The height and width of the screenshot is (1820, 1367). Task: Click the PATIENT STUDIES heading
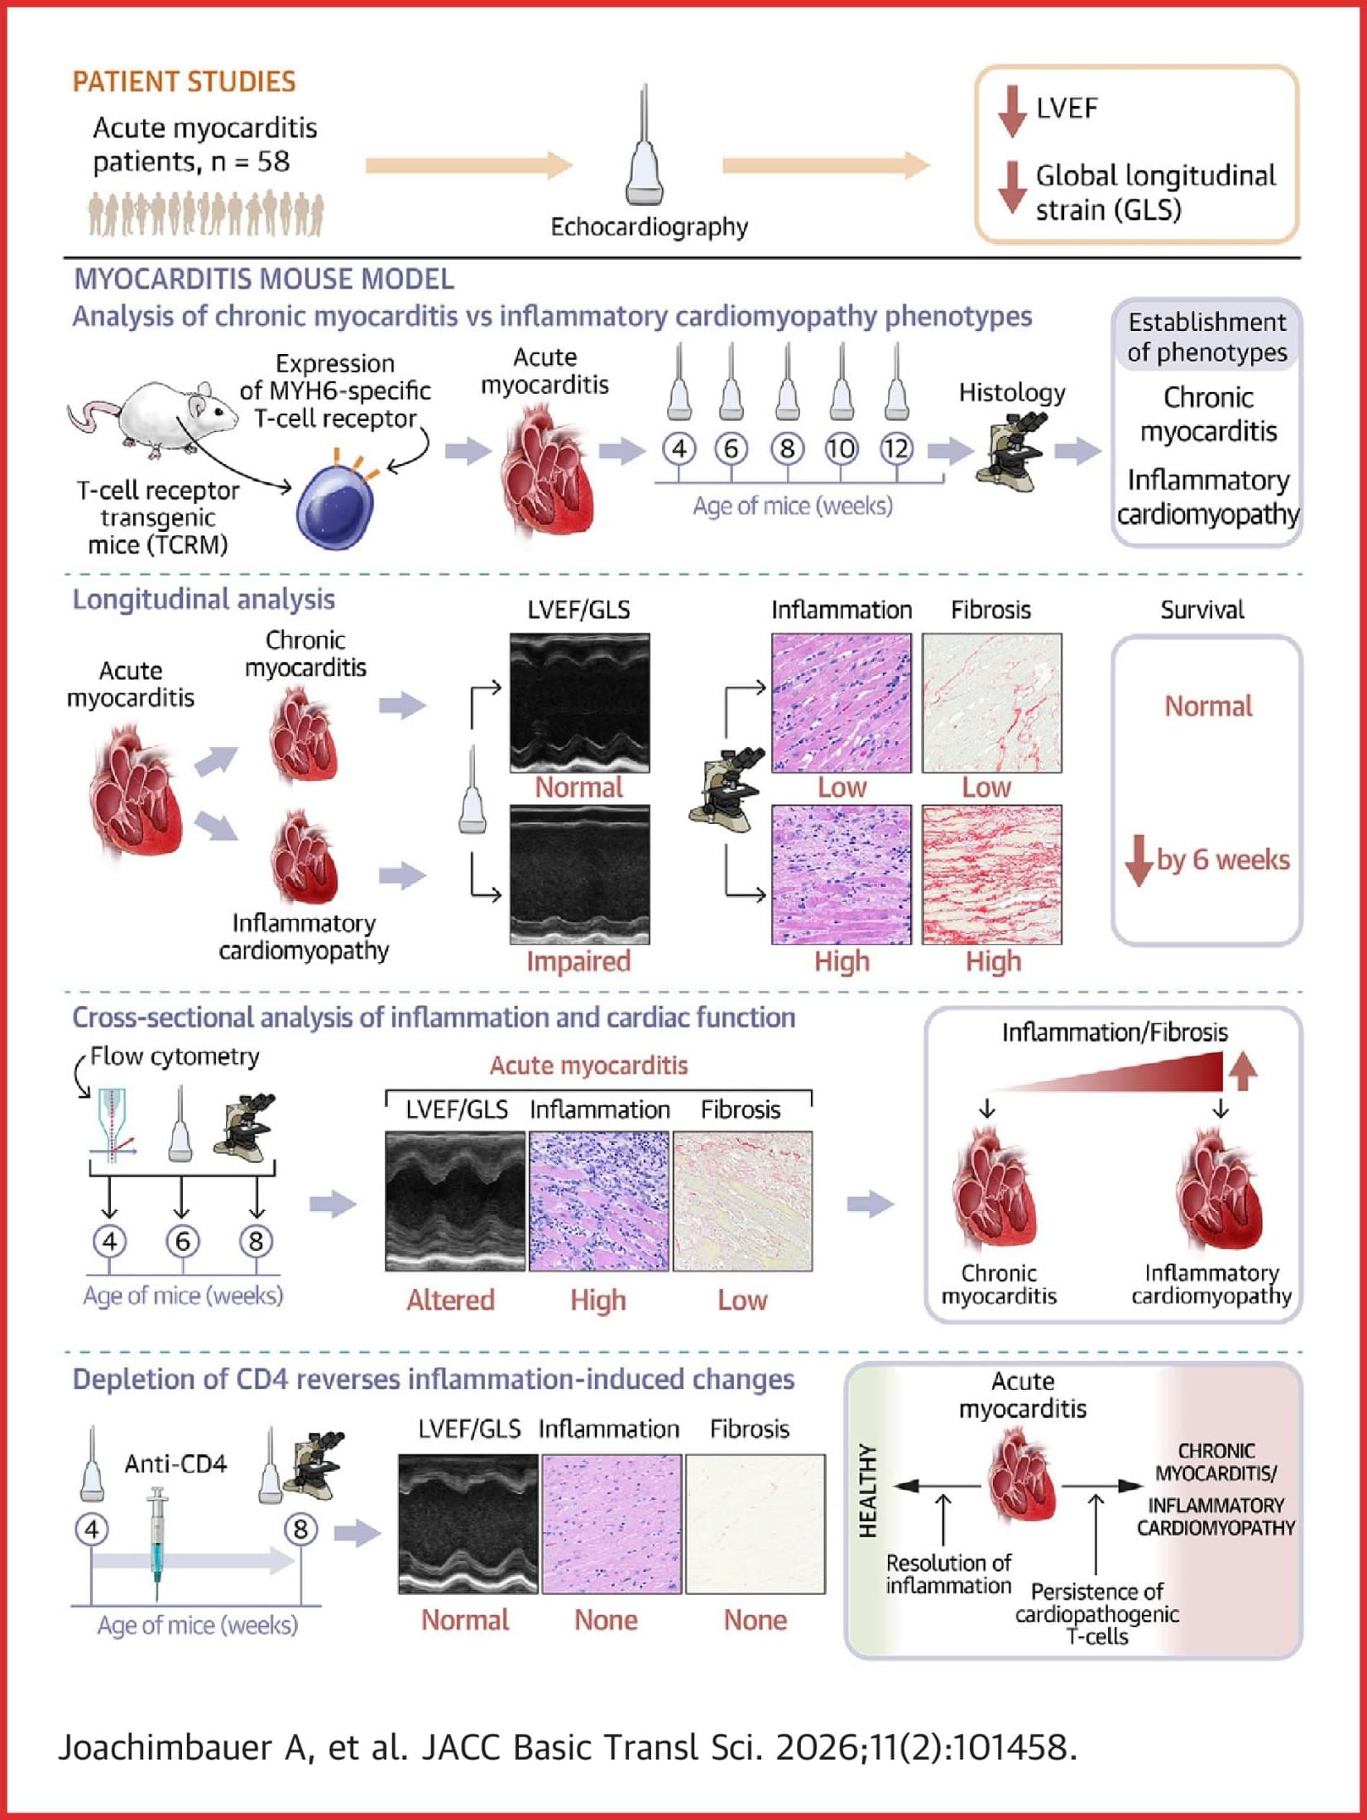(184, 82)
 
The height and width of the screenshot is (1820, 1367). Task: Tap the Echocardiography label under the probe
(650, 227)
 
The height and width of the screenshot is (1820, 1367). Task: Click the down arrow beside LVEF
(1011, 110)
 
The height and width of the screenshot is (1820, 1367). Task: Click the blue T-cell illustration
(334, 505)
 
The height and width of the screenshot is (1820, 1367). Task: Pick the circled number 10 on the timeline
(841, 449)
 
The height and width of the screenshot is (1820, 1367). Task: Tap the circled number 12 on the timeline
(895, 449)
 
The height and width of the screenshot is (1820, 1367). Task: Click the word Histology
(1012, 393)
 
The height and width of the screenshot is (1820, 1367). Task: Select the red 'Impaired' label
(578, 961)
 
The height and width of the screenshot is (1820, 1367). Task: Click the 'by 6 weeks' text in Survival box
(1223, 860)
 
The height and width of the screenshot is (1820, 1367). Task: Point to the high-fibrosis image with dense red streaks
(992, 874)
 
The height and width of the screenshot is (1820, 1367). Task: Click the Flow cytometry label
(175, 1057)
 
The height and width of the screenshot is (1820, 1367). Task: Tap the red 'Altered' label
(450, 1300)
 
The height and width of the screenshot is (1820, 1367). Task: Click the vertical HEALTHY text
(867, 1491)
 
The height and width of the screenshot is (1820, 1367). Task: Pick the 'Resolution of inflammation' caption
(948, 1574)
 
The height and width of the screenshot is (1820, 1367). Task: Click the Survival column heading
(1202, 611)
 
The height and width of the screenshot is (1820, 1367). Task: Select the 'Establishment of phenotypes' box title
(1207, 338)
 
